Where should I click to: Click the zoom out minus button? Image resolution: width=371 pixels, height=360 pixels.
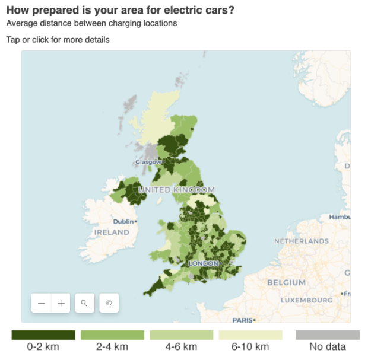[x=42, y=303]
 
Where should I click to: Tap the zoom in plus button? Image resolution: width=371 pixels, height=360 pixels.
[x=61, y=303]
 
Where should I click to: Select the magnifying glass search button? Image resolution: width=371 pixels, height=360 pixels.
[x=84, y=303]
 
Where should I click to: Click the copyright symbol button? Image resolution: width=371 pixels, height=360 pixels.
[x=109, y=303]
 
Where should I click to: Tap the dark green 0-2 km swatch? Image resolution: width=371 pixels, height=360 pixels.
[x=43, y=335]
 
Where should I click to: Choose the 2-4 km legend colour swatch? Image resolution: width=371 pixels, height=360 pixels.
[x=112, y=335]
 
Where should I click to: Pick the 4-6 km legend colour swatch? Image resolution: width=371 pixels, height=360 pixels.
[x=181, y=335]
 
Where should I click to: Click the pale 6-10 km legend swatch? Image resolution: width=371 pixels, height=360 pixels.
[x=250, y=335]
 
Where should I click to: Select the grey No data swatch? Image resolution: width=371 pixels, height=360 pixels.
[x=328, y=335]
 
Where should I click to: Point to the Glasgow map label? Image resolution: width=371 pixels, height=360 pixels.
[x=148, y=162]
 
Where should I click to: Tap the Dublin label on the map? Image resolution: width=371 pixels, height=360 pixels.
[x=123, y=222]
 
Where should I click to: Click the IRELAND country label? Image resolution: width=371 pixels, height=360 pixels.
[x=112, y=232]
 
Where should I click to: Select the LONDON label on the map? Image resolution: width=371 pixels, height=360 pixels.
[x=204, y=263]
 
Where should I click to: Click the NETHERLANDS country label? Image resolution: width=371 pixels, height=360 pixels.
[x=301, y=241]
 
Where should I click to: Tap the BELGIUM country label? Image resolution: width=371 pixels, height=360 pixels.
[x=286, y=283]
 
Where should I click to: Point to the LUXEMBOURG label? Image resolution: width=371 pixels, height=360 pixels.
[x=306, y=300]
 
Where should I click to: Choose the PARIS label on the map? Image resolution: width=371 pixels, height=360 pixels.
[x=243, y=320]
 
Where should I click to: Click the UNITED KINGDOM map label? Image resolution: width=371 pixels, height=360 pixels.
[x=176, y=190]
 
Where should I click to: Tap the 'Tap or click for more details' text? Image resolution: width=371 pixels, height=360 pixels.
[x=58, y=40]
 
